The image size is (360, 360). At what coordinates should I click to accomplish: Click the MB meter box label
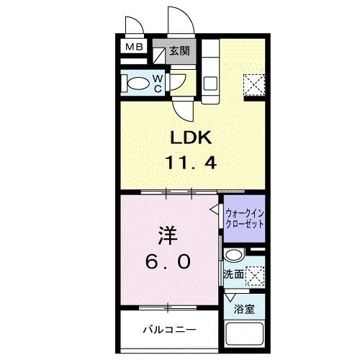coord(135,48)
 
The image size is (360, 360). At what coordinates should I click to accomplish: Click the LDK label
coord(190,138)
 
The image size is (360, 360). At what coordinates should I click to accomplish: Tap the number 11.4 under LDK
coord(190,163)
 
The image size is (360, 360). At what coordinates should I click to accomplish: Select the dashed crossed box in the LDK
coord(253,86)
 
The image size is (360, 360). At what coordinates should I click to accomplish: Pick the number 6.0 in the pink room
coord(171,262)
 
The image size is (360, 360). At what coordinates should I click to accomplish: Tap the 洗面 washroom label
coord(233,274)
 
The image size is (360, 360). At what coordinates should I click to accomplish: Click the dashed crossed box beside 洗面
coord(254,274)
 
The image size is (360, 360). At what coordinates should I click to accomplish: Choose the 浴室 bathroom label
coord(244,309)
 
